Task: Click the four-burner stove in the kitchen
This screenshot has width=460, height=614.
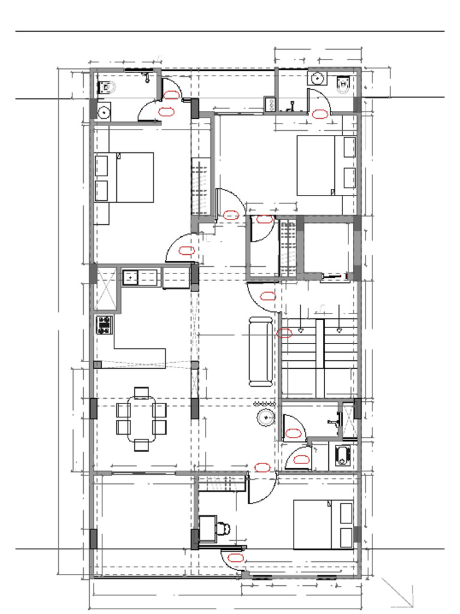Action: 104,325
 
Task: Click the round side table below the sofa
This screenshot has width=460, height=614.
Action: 264,417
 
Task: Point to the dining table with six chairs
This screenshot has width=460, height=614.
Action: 141,419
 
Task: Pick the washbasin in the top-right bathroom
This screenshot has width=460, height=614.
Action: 317,79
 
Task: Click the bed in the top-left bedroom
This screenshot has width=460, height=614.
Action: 125,177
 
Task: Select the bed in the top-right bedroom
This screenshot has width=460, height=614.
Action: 326,165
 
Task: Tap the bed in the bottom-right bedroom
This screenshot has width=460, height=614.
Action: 323,525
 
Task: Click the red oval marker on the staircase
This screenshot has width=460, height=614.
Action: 286,333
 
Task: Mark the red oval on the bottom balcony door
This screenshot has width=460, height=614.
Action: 236,557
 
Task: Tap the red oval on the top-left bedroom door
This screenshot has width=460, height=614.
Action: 187,251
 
